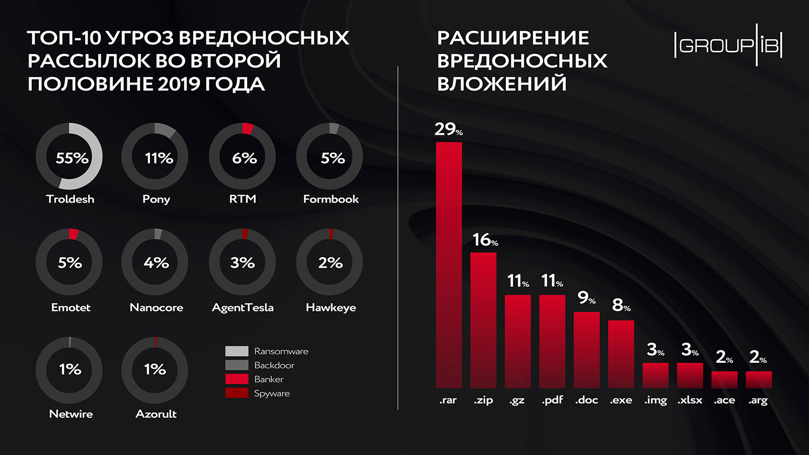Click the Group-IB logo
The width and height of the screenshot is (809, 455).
[x=728, y=45]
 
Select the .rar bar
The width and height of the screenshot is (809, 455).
[x=449, y=264]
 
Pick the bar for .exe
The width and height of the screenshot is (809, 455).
[x=621, y=354]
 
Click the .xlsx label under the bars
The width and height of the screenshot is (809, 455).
[x=690, y=400]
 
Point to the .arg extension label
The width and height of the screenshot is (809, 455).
[x=758, y=400]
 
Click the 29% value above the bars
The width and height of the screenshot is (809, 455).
[x=448, y=129]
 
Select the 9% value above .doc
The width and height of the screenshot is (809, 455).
[x=586, y=297]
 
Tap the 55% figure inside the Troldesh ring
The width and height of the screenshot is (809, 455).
[x=72, y=158]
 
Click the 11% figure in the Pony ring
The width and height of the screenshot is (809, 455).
[x=159, y=158]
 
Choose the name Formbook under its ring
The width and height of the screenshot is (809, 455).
[x=331, y=199]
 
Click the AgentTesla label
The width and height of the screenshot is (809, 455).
[x=243, y=307]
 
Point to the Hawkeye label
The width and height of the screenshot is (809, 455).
[x=331, y=307]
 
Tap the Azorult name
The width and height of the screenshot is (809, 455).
[x=156, y=414]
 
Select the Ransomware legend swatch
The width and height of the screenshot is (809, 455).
[x=237, y=351]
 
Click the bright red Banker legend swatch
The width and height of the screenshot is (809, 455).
[x=237, y=379]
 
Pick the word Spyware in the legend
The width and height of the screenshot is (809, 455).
[x=272, y=394]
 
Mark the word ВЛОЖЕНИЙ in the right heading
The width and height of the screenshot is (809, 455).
[x=502, y=84]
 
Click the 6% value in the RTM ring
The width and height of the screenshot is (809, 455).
[x=244, y=158]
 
